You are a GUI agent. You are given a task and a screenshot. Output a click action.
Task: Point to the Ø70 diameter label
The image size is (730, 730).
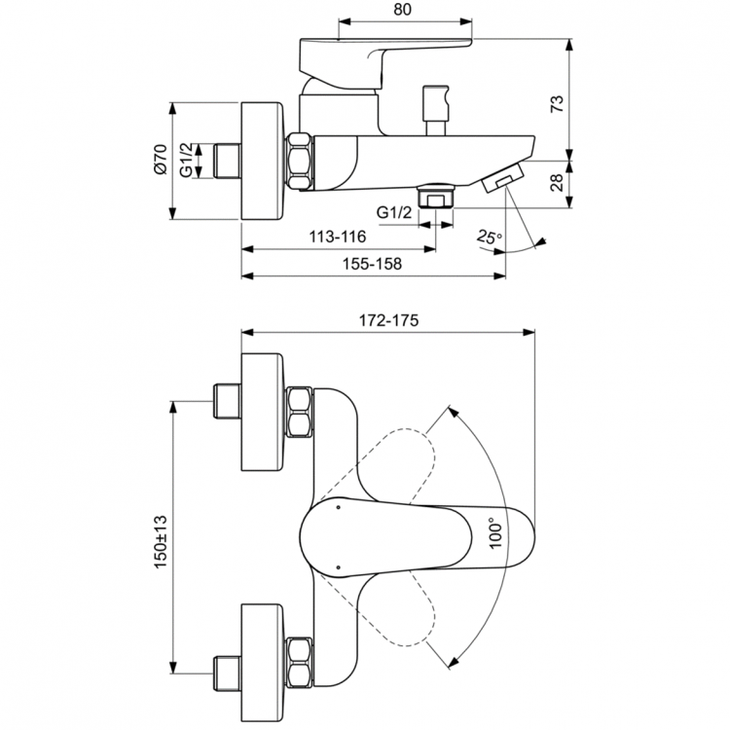[x=160, y=160]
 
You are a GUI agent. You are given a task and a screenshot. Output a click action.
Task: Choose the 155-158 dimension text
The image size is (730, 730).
[x=373, y=263]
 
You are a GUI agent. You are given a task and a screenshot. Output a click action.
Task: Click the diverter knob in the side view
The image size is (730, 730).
[x=434, y=104]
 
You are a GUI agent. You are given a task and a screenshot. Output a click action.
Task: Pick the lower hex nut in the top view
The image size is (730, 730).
[x=299, y=661]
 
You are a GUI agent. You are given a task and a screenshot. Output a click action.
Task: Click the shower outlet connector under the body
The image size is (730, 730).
[x=435, y=196]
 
